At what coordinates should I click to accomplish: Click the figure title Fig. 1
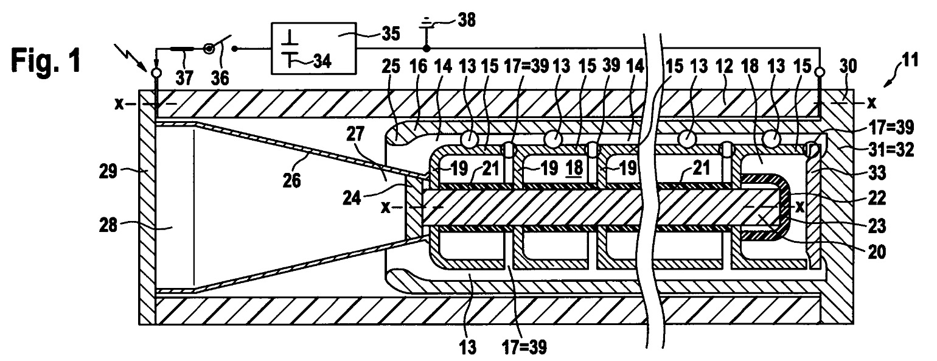pyautogui.click(x=46, y=60)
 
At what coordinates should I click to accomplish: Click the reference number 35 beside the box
pyautogui.click(x=391, y=34)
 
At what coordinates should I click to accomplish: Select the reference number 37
pyautogui.click(x=184, y=78)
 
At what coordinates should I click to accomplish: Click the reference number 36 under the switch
pyautogui.click(x=220, y=78)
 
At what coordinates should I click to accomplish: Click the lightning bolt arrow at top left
pyautogui.click(x=133, y=58)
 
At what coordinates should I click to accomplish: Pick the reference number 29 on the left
pyautogui.click(x=108, y=171)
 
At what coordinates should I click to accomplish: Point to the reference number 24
pyautogui.click(x=352, y=198)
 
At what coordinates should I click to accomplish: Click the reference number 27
pyautogui.click(x=355, y=135)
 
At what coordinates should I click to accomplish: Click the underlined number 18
pyautogui.click(x=574, y=168)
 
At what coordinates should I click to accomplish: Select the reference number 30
pyautogui.click(x=848, y=66)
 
